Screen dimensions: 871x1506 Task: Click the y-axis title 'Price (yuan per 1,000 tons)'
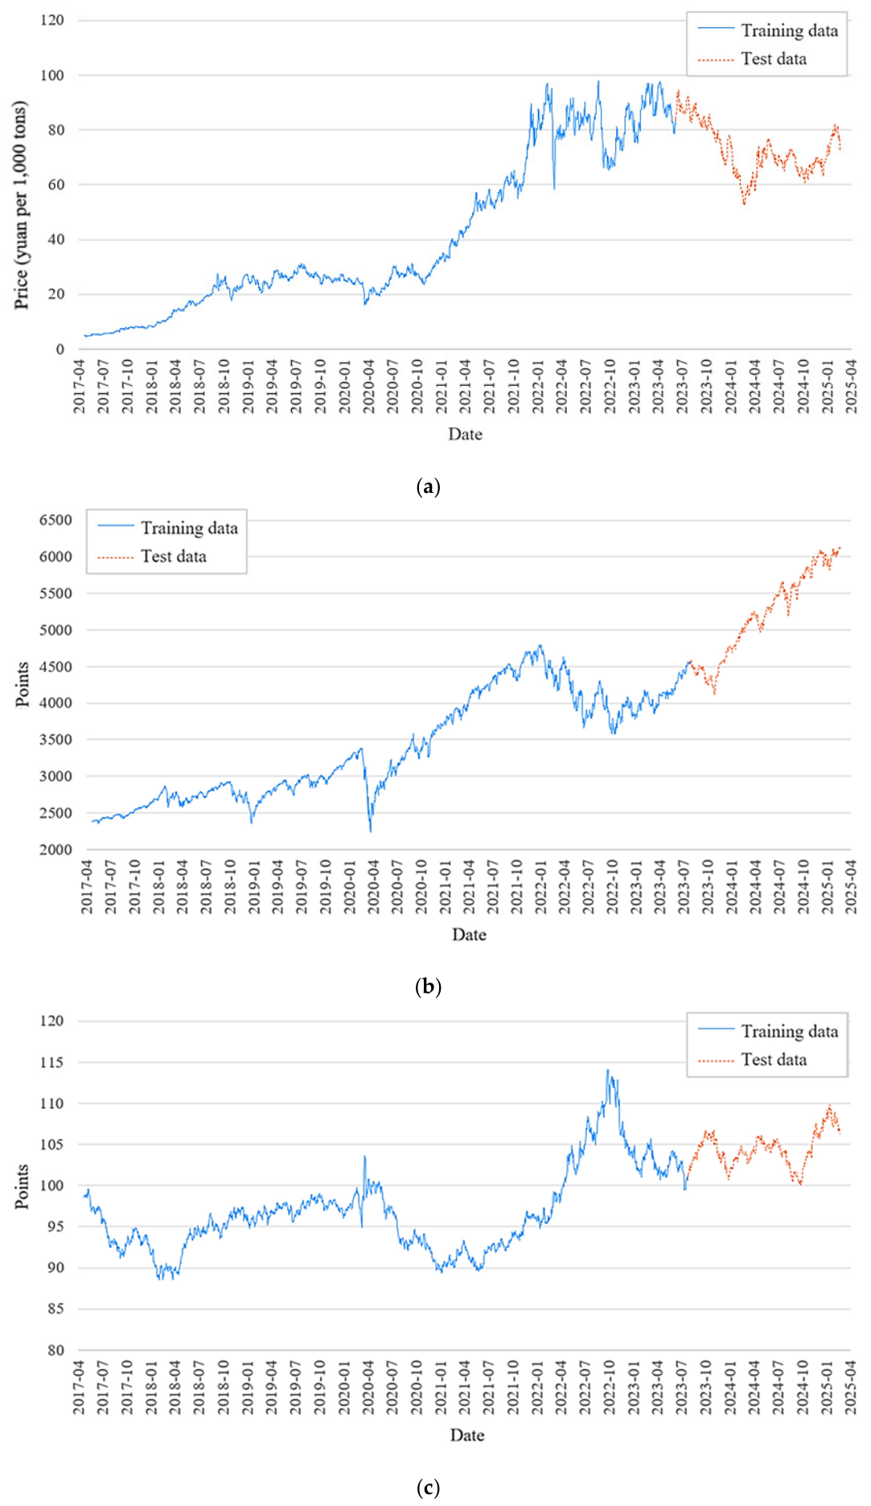22,205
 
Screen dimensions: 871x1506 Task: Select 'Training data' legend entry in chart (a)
768,31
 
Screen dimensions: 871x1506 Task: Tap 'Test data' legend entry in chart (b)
152,556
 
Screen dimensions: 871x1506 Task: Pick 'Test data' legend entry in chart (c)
752,1060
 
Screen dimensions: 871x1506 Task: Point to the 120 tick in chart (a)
52,20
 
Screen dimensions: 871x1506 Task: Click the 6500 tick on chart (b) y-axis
55,520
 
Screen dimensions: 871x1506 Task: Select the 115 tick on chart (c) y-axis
52,1062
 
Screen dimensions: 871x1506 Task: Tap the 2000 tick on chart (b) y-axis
55,850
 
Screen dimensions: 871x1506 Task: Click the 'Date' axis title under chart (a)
465,434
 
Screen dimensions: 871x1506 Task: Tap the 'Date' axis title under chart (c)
466,1435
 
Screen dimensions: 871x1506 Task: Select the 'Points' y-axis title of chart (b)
23,684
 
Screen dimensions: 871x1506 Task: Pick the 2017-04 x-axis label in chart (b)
87,887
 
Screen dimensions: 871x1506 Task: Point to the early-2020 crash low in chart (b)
371,831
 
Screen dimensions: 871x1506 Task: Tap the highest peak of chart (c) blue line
608,1070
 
